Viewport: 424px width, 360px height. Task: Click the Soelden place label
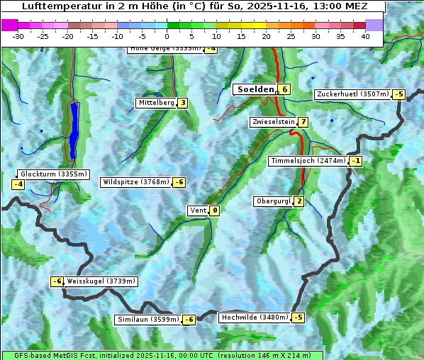coord(255,89)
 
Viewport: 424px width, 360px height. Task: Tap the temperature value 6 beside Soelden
coord(284,89)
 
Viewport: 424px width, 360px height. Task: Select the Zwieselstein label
coord(273,122)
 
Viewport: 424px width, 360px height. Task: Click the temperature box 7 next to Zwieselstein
coord(303,122)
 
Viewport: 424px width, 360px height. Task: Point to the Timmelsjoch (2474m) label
coord(308,161)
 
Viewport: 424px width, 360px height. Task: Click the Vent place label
coord(198,210)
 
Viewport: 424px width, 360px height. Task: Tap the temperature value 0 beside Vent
coord(215,210)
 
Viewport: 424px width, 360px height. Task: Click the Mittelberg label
coord(156,103)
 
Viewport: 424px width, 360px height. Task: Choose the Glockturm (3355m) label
coord(53,174)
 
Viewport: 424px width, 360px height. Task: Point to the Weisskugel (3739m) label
coord(101,281)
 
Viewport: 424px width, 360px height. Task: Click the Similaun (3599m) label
coord(148,320)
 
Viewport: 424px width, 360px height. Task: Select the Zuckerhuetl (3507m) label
coord(352,94)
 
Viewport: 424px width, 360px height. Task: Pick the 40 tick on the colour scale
coord(365,35)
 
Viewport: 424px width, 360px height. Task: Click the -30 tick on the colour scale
coord(18,35)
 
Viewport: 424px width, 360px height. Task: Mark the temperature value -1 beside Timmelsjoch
coord(356,161)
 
